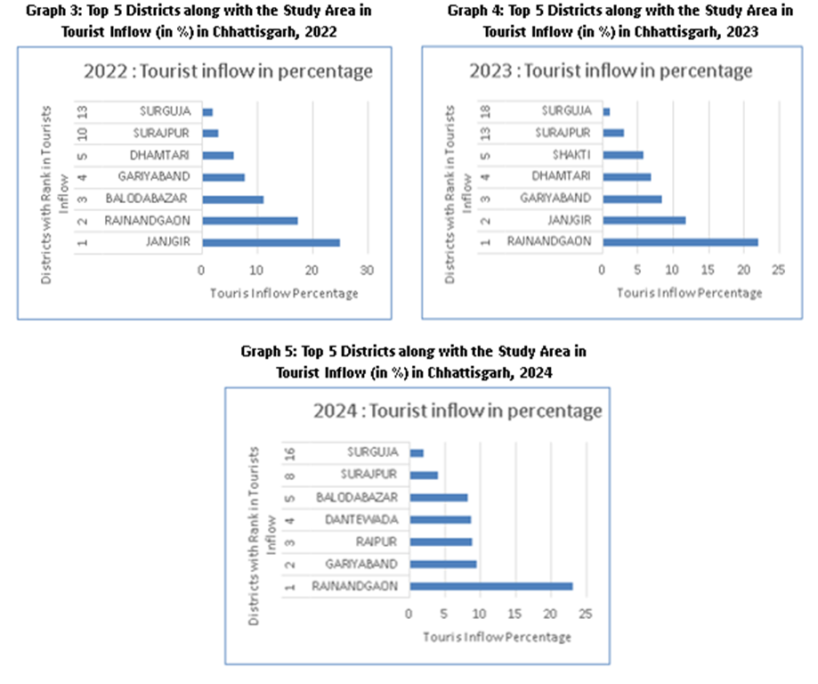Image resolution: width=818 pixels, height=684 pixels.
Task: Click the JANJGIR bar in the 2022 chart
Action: coord(271,242)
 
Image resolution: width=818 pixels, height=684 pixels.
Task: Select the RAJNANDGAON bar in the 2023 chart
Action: coord(680,241)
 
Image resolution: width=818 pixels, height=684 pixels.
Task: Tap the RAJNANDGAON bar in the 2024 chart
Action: coord(490,586)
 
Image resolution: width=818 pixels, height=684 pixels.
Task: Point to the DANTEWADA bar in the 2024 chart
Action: coord(440,519)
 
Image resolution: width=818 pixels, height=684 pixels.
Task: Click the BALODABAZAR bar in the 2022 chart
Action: coord(232,199)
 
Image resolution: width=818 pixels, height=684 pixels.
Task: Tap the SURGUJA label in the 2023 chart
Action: coord(566,111)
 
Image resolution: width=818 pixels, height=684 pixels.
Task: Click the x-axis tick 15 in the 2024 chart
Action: coord(514,614)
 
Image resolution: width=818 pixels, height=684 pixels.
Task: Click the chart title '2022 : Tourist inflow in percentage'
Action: coord(228,72)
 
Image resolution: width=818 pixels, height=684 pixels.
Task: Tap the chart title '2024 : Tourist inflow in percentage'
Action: coord(458,412)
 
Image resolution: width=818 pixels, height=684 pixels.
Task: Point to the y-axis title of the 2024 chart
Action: coord(257,524)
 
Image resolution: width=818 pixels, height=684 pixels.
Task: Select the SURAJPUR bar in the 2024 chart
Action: coord(424,475)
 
